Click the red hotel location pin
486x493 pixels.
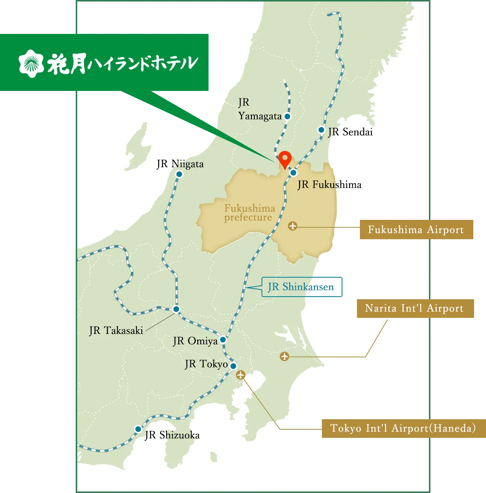pos(285,159)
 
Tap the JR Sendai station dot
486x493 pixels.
pos(321,130)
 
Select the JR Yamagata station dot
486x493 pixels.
pos(287,116)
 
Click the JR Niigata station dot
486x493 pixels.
pos(179,174)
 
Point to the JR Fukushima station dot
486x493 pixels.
pos(294,173)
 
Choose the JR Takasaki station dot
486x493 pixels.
pos(176,309)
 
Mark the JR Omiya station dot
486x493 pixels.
pos(223,339)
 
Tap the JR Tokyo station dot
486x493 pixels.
pos(233,366)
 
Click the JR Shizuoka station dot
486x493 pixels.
pos(138,429)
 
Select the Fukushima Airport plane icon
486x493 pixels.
pos(293,226)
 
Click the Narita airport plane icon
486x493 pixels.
pos(285,356)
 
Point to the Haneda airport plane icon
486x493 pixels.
pos(241,375)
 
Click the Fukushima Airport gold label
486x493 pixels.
pos(416,230)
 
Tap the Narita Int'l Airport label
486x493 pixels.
pos(415,308)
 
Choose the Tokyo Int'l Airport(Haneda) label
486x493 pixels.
pos(403,428)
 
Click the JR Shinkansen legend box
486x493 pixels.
pos(301,287)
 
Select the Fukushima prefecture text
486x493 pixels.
pos(249,213)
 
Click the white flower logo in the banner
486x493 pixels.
pos(31,63)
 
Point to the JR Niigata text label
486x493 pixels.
pos(181,164)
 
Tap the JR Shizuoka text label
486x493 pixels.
pos(172,435)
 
